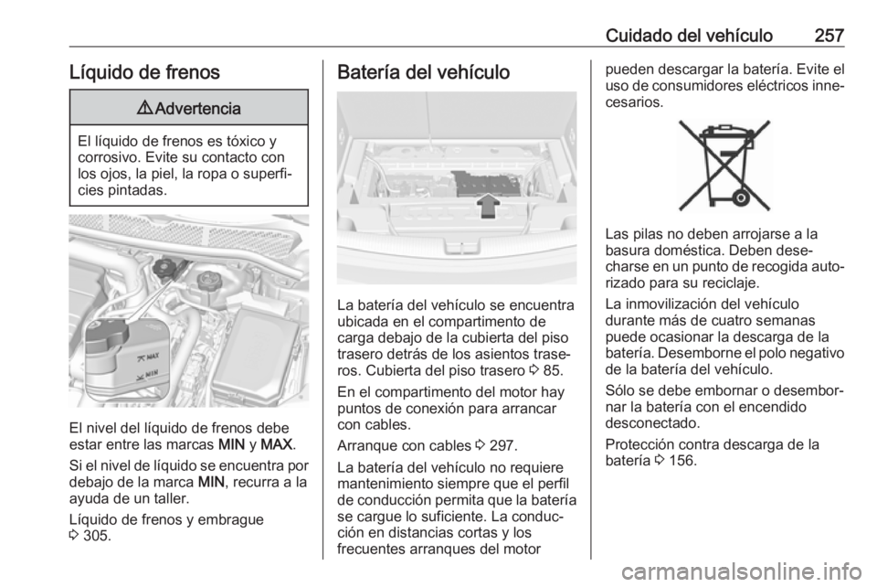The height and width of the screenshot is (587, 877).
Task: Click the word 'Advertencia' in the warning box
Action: (197, 108)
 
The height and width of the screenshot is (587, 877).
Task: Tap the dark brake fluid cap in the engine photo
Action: (166, 269)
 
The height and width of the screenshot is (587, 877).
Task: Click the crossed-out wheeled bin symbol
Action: (724, 165)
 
